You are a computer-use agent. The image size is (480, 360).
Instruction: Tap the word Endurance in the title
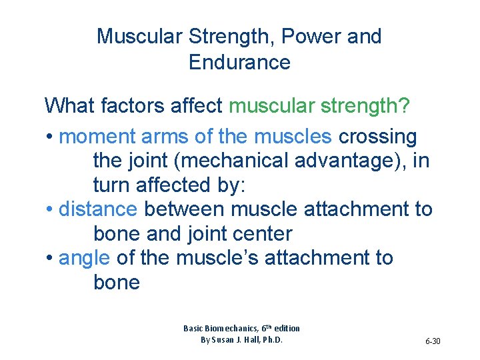239,63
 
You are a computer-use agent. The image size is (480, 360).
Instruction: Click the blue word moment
97,137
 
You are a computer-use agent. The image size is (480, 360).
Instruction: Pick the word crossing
377,137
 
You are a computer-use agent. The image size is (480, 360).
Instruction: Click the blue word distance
98,209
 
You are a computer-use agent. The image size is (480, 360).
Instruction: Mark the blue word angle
85,258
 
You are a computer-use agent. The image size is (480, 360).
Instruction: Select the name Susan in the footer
228,340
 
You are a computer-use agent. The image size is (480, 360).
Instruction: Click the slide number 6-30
433,341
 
